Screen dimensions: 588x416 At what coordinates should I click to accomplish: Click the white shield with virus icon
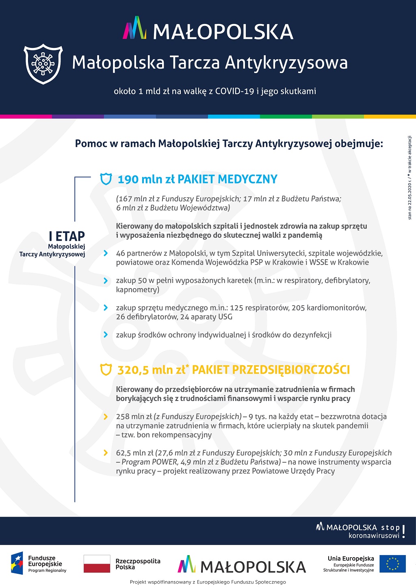tap(43, 64)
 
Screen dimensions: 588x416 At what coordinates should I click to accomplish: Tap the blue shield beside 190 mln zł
tap(106, 179)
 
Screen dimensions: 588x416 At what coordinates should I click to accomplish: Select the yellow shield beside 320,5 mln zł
tap(106, 370)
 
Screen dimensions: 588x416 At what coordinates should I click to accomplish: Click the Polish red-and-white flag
tap(97, 564)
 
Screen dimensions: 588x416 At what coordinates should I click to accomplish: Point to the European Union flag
tap(392, 564)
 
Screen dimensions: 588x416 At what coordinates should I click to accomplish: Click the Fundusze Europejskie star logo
tap(17, 564)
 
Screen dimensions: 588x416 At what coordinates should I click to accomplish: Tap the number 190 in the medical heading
tap(128, 179)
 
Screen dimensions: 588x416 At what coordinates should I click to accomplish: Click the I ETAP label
tap(67, 236)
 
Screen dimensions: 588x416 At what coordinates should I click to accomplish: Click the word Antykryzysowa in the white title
tap(286, 63)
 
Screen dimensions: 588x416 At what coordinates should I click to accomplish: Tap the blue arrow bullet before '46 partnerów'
tap(106, 253)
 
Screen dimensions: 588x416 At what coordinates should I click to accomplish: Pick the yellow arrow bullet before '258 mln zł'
tap(106, 417)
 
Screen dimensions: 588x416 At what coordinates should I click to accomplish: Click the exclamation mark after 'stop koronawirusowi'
tap(403, 532)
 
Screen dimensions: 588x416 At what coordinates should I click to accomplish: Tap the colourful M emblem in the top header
tap(134, 28)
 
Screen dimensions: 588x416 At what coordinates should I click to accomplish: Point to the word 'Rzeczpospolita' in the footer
tap(138, 561)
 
